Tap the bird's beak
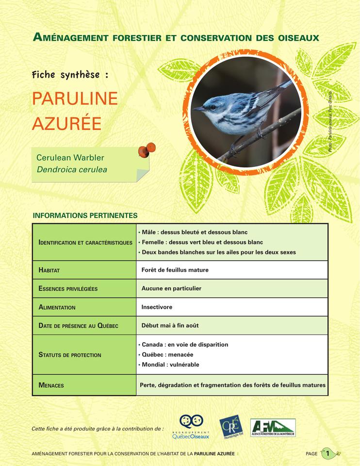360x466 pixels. tap(198, 109)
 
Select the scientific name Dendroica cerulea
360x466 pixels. tap(71, 169)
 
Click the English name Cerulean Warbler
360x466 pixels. tap(70, 158)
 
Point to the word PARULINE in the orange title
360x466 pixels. tap(75, 99)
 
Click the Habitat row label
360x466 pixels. tap(49, 270)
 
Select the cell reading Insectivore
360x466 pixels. tap(157, 307)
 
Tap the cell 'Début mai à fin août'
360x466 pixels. tap(170, 325)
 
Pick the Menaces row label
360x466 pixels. tap(51, 385)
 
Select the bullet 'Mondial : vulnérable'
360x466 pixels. tap(170, 365)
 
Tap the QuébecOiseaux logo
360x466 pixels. tap(191, 427)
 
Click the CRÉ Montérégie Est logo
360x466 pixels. tap(231, 427)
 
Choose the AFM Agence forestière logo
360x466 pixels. tap(273, 427)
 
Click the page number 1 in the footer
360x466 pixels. tap(328, 453)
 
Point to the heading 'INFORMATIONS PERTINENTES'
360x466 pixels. tap(85, 215)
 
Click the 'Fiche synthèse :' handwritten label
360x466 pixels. tap(70, 75)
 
